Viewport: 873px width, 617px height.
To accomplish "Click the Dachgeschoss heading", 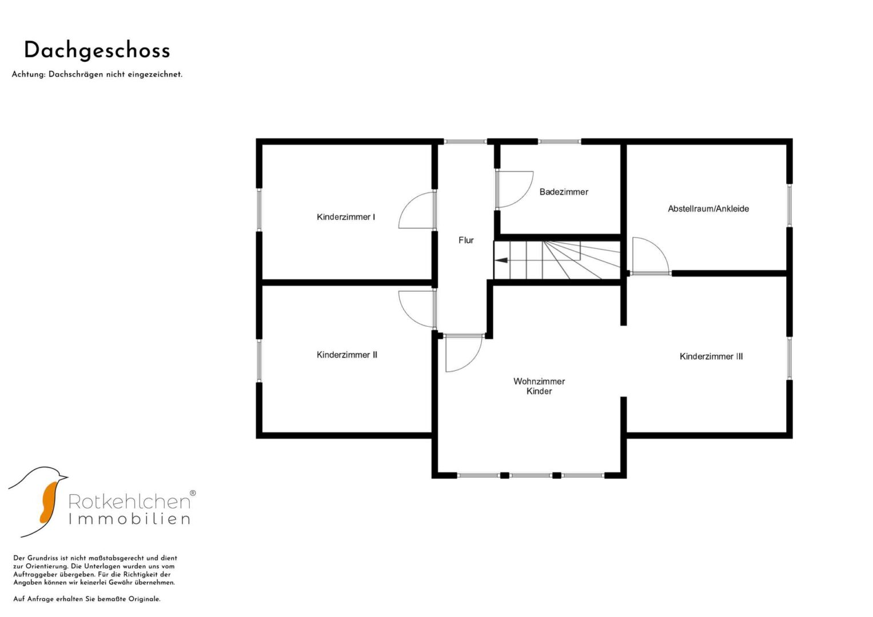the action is (x=97, y=51).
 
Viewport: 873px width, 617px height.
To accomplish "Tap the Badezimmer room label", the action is (x=564, y=191).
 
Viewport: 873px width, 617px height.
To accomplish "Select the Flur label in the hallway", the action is (x=466, y=240).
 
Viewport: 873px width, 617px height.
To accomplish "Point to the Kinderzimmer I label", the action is (x=346, y=217).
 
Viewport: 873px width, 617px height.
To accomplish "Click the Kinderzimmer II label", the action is (x=346, y=354).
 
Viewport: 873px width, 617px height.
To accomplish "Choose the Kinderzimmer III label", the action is (x=711, y=356).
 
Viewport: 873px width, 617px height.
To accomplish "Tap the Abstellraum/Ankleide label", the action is (x=708, y=209).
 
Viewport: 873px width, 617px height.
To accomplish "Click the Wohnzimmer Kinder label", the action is (x=539, y=386).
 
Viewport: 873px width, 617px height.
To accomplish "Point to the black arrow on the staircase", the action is (x=501, y=260).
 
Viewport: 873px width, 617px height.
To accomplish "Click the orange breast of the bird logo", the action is (x=48, y=502).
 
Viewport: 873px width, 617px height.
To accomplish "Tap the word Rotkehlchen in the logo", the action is (x=129, y=502).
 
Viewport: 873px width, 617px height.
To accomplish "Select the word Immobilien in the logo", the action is (x=129, y=519).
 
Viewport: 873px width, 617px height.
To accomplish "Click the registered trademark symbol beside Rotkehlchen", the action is (x=193, y=492).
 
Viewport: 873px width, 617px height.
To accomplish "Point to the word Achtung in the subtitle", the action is (x=29, y=74).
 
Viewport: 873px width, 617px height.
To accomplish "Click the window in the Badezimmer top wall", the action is (x=560, y=142).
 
